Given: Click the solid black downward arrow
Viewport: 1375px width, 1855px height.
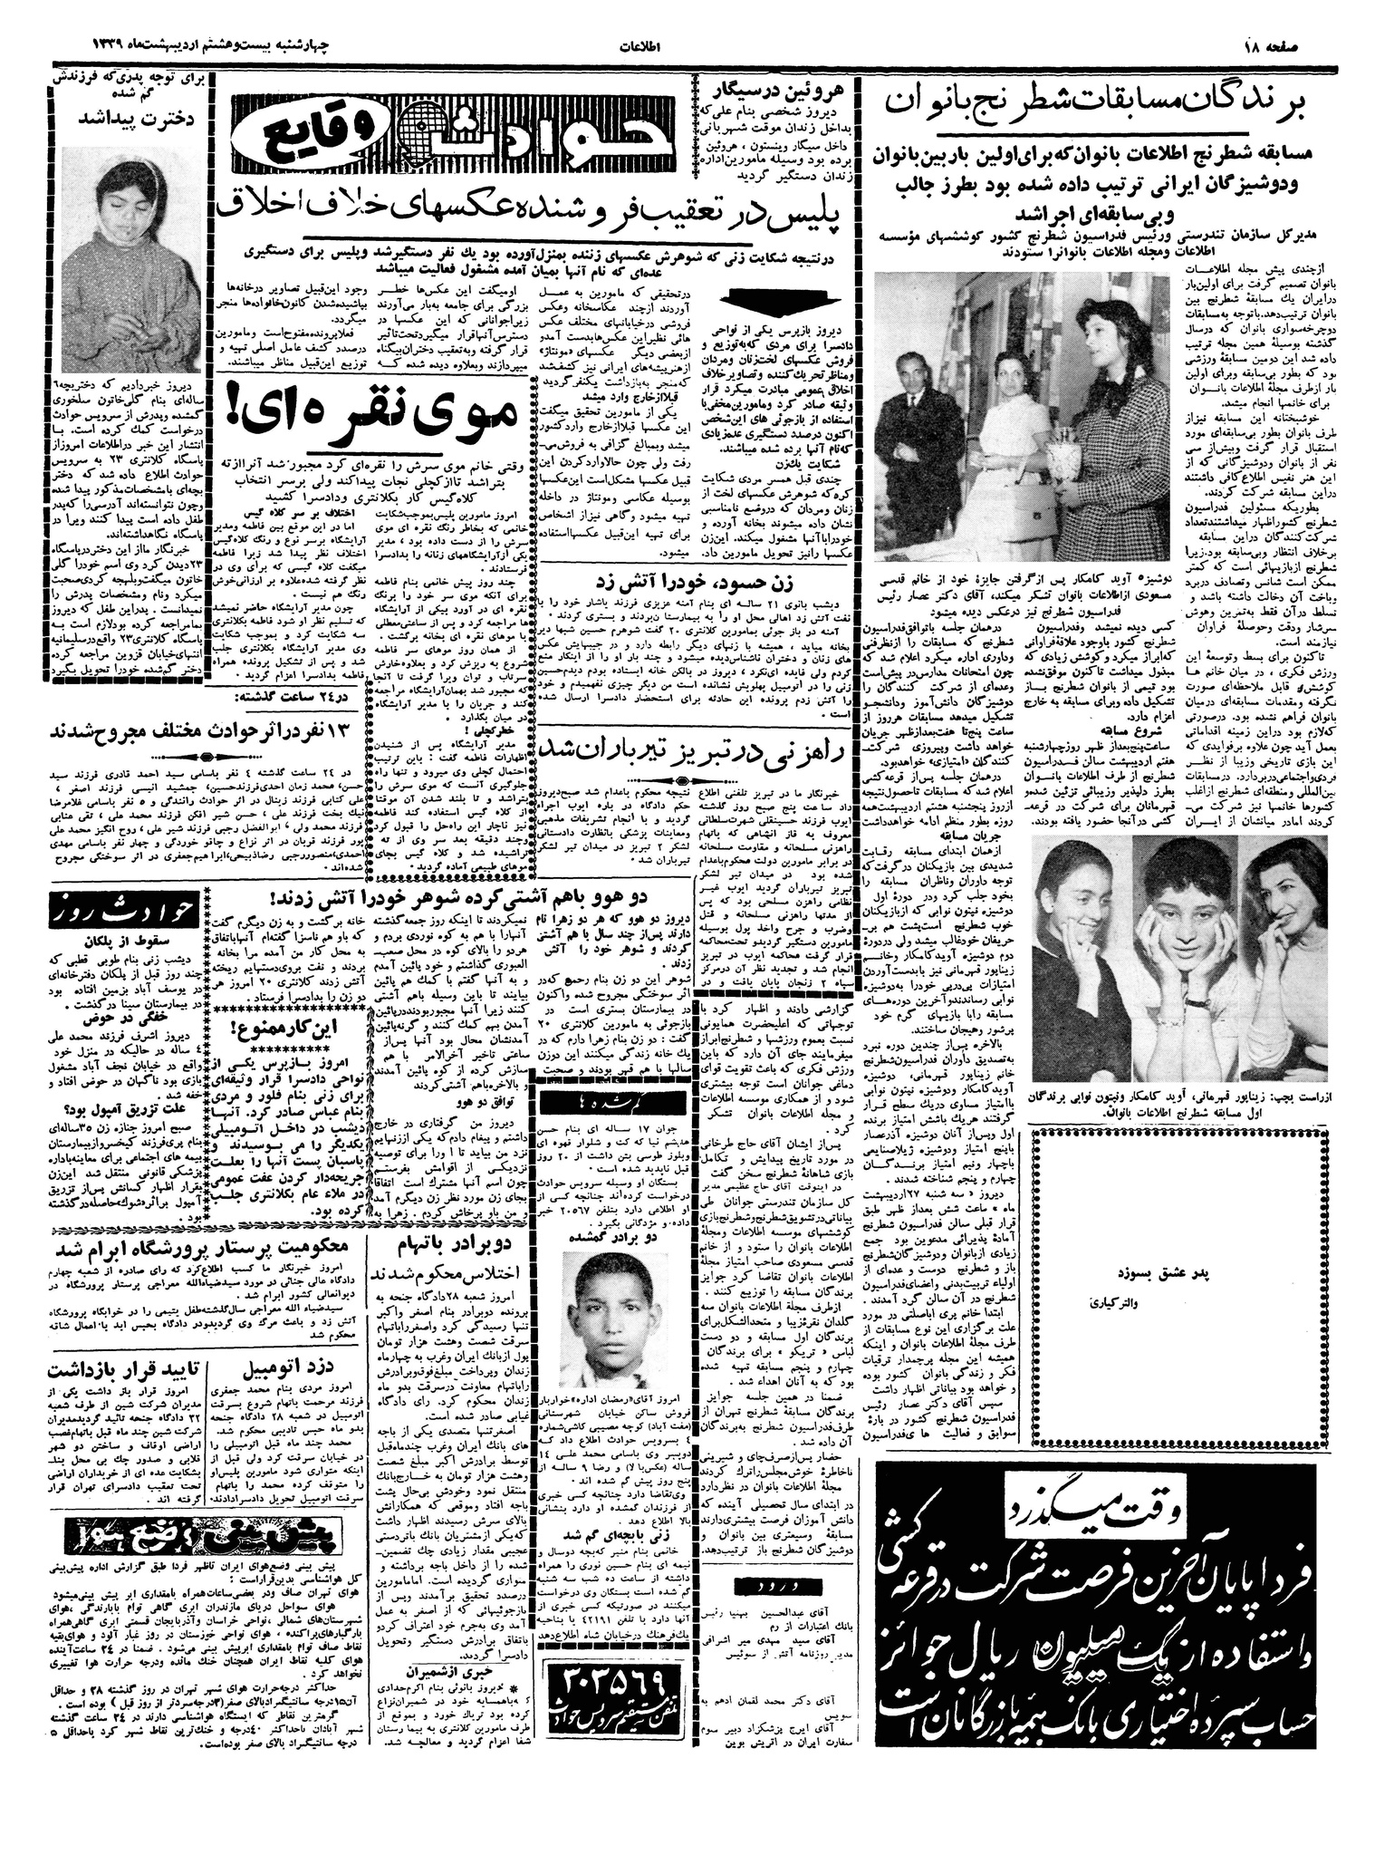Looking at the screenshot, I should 784,296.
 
